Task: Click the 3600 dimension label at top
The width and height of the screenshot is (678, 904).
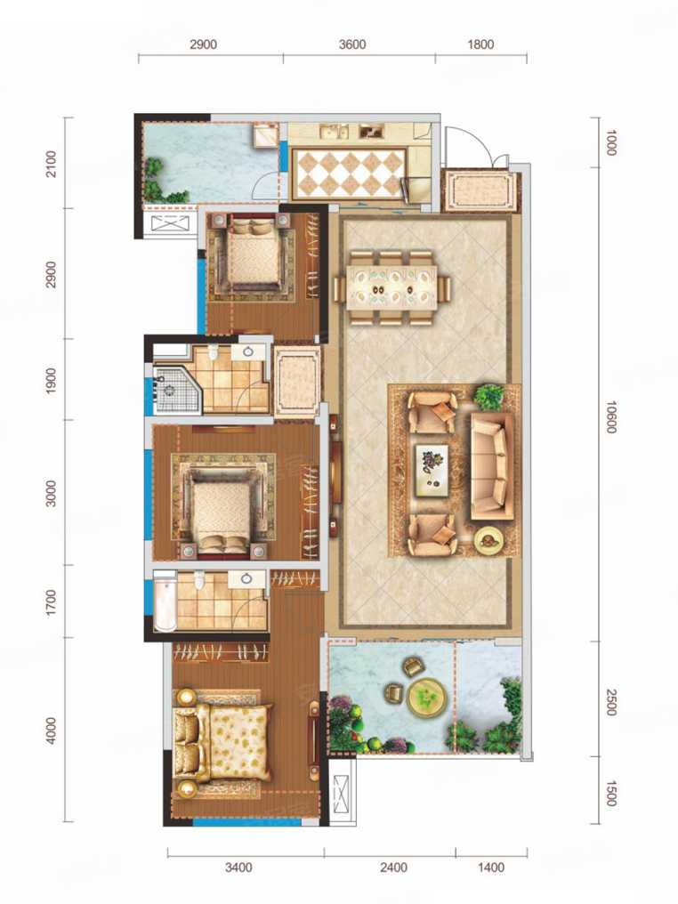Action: coord(352,44)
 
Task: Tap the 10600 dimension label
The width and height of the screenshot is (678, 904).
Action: coord(611,417)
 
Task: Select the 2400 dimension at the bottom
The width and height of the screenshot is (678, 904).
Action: coord(394,868)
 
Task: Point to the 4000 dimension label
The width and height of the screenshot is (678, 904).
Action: coord(52,731)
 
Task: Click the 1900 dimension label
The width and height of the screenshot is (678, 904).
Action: coord(52,381)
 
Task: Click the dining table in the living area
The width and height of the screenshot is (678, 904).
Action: coord(392,287)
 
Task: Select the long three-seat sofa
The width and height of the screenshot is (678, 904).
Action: coord(491,466)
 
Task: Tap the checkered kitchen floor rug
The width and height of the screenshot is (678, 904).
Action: coord(351,173)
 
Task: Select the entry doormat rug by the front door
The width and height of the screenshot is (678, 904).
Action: coord(479,190)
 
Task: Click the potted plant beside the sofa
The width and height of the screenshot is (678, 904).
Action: coord(488,396)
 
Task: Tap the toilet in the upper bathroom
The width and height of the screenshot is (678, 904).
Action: coord(214,352)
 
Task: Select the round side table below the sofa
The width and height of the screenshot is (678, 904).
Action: coord(488,540)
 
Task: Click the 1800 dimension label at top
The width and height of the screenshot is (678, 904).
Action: coord(480,44)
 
